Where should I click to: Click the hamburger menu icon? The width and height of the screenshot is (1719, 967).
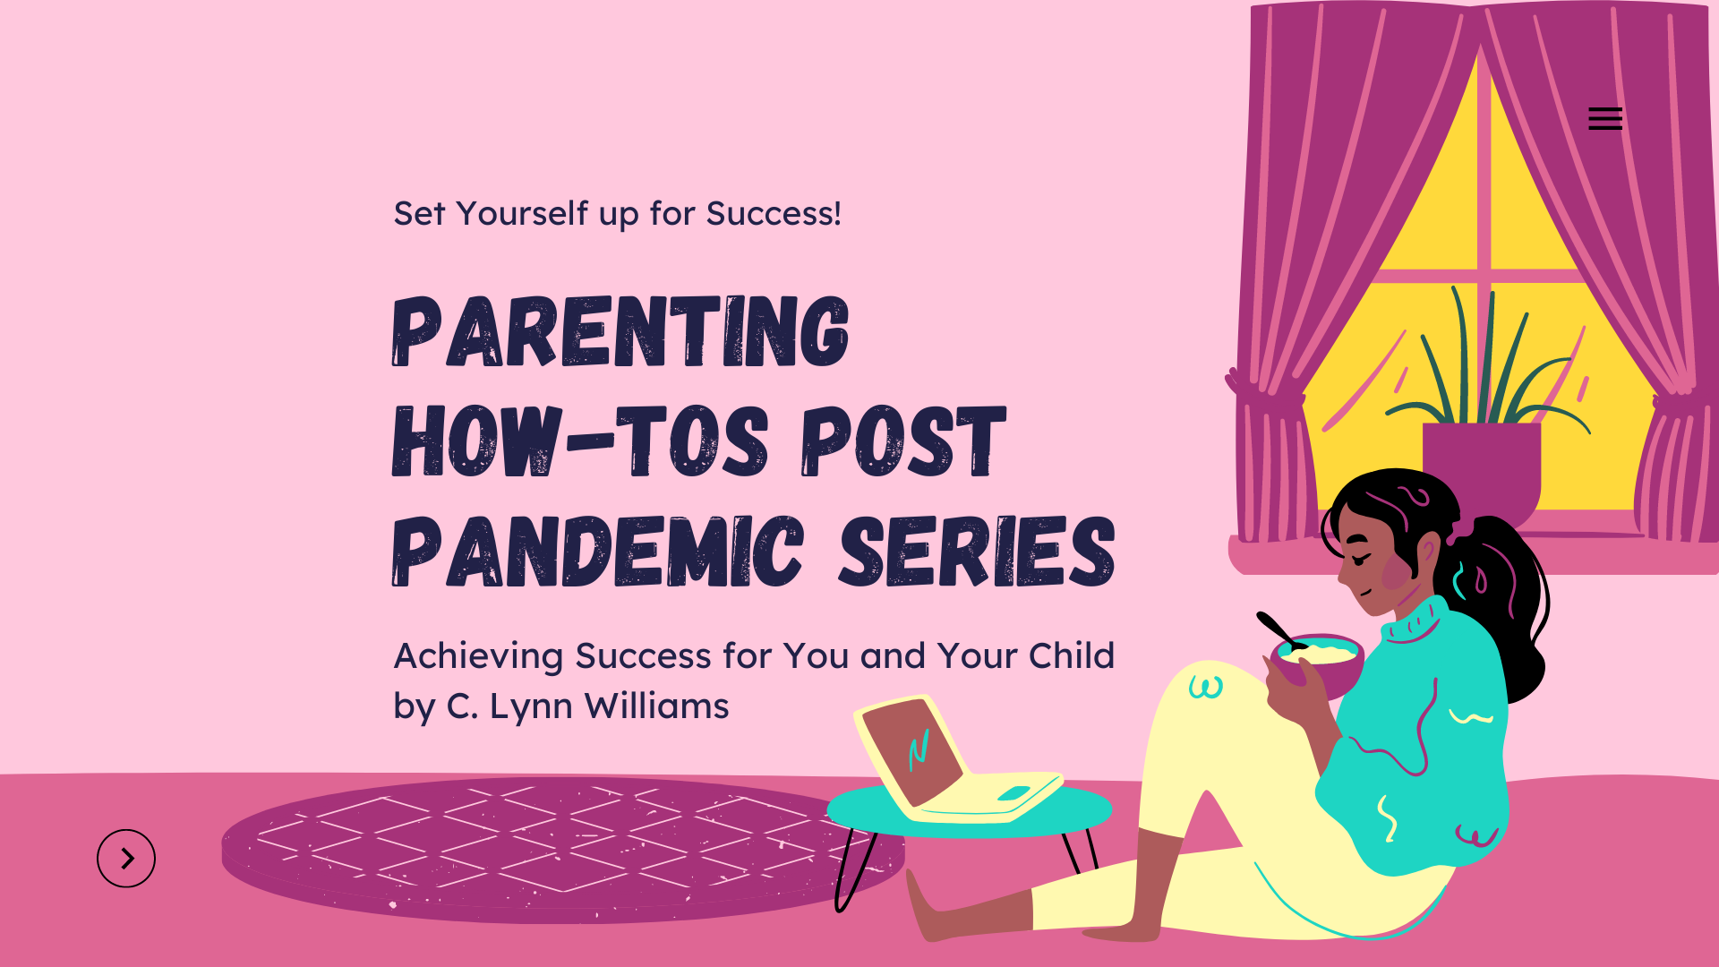(1605, 118)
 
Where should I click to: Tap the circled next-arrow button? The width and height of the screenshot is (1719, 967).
(126, 859)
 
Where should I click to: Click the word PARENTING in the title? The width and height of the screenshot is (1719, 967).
(620, 331)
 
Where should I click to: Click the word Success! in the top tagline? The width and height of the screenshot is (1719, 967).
(774, 214)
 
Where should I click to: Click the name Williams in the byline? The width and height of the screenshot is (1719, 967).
(656, 706)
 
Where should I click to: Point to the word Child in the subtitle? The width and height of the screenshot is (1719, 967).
(1071, 655)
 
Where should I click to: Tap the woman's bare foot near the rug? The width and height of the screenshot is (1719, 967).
(940, 909)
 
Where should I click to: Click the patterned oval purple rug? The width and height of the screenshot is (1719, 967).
(562, 849)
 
